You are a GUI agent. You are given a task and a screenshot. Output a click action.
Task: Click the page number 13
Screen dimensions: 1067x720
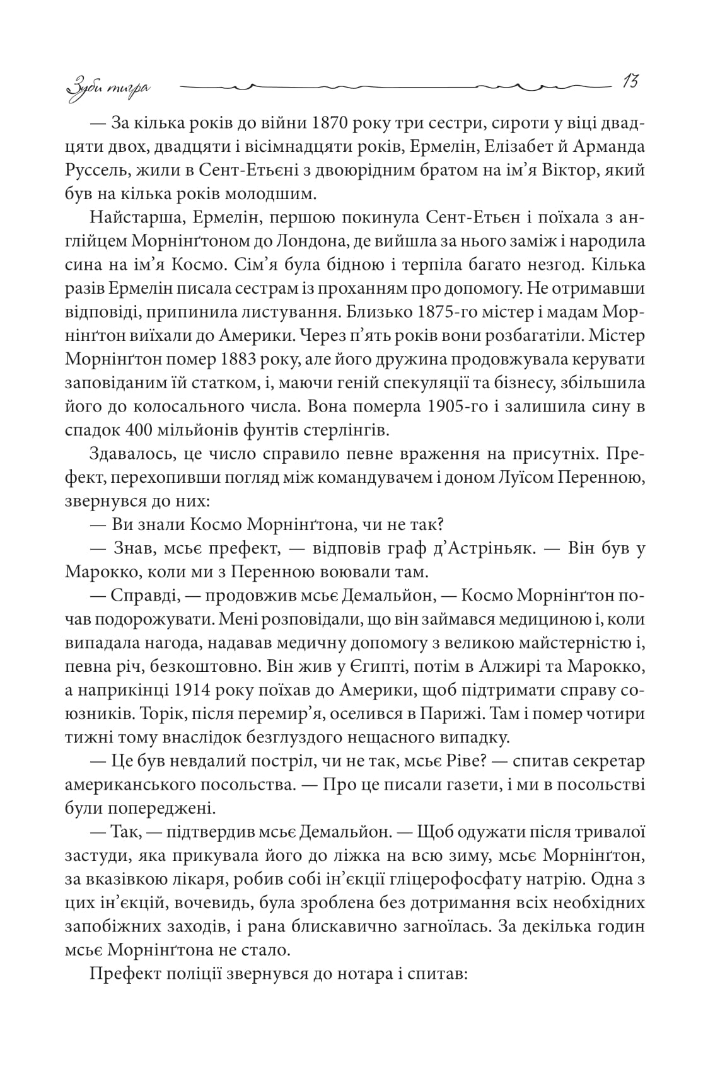pos(630,82)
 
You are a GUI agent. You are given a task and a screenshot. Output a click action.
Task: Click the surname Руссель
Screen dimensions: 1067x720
pos(97,170)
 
